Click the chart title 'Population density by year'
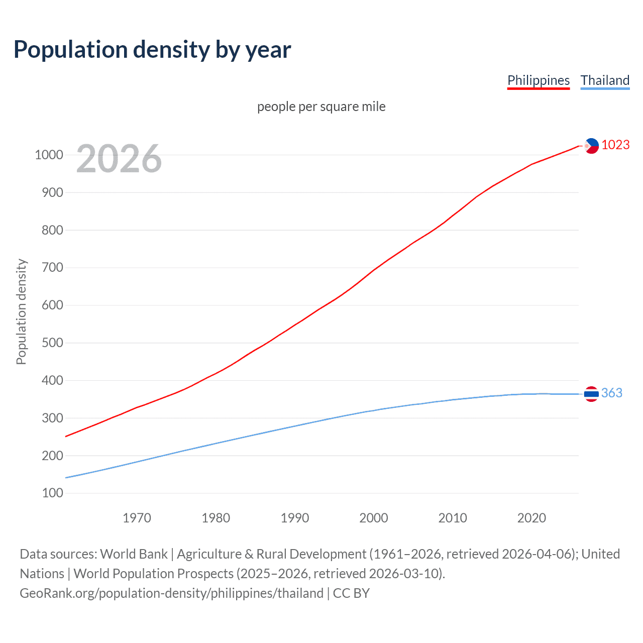coord(152,50)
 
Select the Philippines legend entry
coord(538,80)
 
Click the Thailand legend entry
coord(605,80)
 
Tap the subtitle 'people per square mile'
coord(321,106)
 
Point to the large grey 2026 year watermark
coord(119,158)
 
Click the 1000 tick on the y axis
coord(49,155)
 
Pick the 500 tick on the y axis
coord(52,343)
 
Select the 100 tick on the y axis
coord(52,493)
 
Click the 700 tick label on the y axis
coord(52,267)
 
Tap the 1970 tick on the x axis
coord(137,517)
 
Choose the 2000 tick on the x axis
coord(373,517)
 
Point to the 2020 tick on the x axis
coord(531,517)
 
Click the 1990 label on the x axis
coord(295,517)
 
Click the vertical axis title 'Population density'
coord(21,311)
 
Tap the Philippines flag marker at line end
coord(591,146)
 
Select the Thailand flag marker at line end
coord(591,394)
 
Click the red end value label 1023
coord(615,145)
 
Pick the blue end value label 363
coord(611,393)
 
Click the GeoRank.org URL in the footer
coord(171,593)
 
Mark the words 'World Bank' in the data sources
coord(134,554)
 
